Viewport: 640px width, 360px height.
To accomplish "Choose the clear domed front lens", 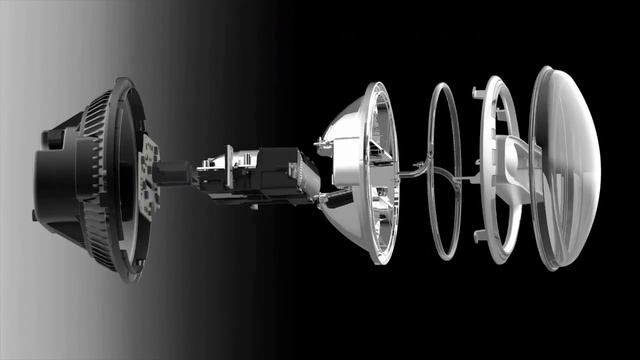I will [x=562, y=170].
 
